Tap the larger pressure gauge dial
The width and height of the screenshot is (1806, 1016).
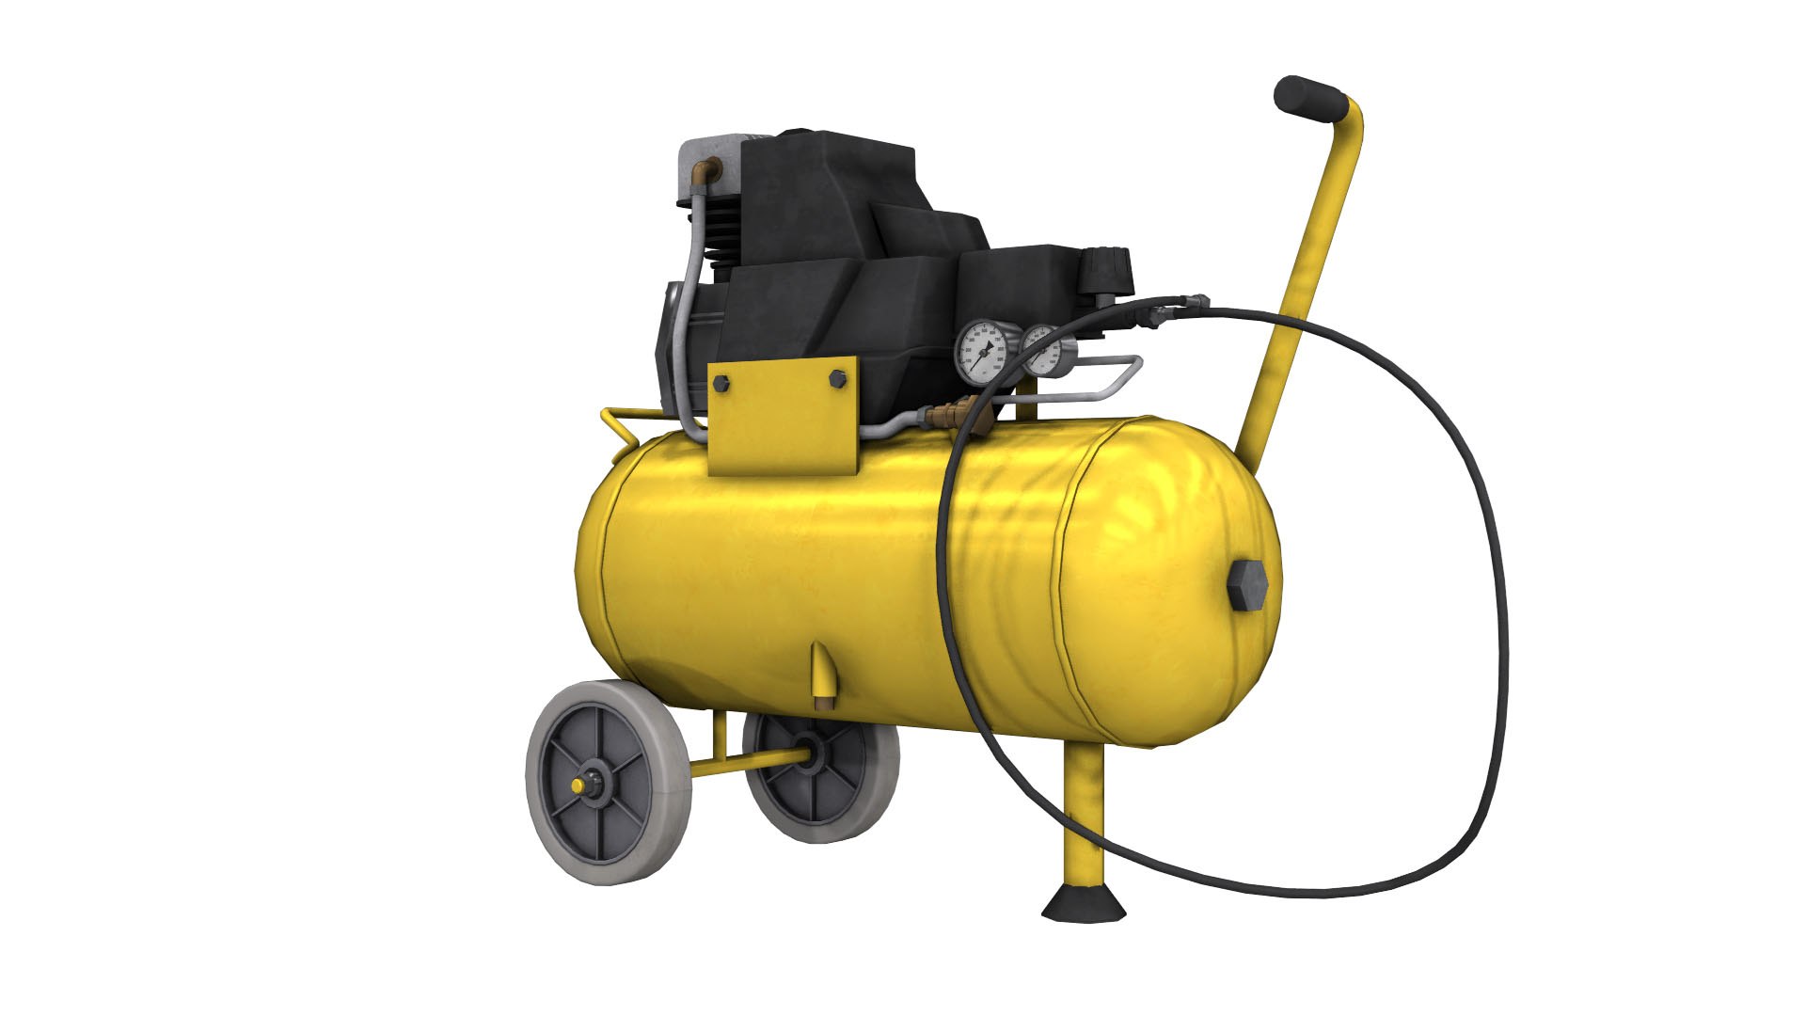point(981,353)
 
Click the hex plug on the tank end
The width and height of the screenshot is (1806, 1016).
point(1248,585)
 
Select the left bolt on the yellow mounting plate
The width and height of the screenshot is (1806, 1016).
point(721,383)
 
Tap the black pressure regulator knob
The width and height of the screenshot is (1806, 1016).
point(1107,271)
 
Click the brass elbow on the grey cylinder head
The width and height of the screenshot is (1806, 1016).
point(706,171)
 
